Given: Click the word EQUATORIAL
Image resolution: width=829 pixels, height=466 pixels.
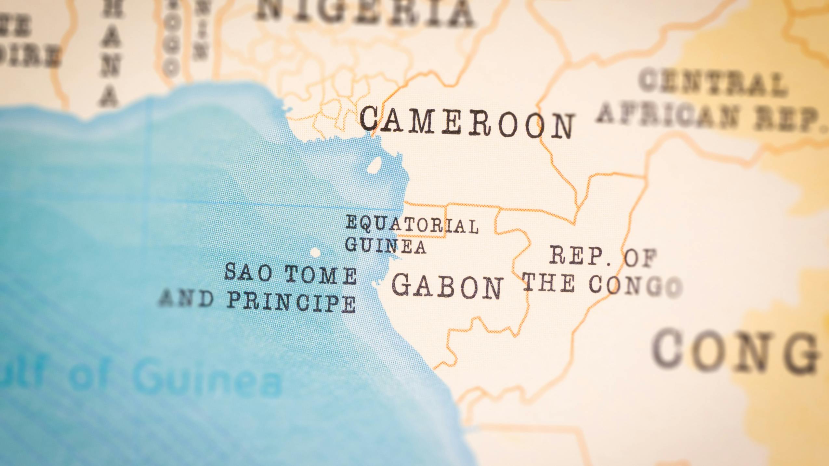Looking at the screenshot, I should pyautogui.click(x=411, y=224).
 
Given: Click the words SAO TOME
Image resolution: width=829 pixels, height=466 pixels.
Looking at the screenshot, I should pyautogui.click(x=290, y=274).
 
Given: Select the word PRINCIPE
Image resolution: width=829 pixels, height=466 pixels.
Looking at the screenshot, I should pyautogui.click(x=291, y=302).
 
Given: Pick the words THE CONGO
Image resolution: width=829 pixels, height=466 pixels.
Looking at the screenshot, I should pyautogui.click(x=601, y=284).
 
